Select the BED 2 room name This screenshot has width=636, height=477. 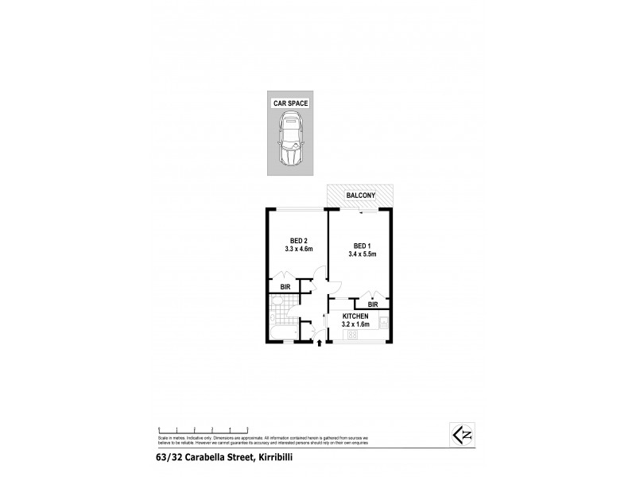(x=294, y=239)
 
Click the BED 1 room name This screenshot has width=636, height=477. (x=359, y=246)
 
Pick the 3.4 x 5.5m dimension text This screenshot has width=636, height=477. (x=362, y=254)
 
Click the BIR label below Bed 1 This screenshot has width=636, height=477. (x=372, y=304)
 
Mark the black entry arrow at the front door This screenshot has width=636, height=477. (x=320, y=344)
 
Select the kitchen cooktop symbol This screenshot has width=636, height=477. (x=351, y=336)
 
